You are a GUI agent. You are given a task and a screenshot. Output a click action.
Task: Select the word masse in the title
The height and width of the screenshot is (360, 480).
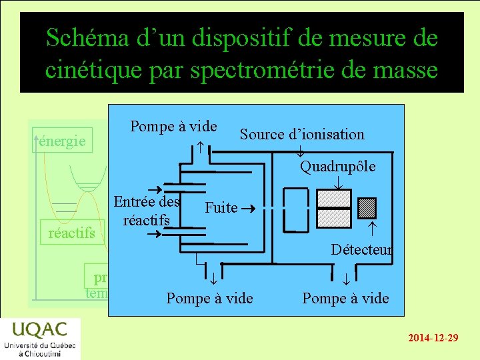click(x=403, y=69)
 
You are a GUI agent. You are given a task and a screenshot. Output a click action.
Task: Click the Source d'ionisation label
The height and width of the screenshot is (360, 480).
click(x=302, y=134)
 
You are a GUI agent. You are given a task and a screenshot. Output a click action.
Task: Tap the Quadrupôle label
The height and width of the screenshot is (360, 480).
click(x=337, y=166)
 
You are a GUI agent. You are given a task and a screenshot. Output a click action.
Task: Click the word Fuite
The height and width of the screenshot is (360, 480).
click(x=221, y=207)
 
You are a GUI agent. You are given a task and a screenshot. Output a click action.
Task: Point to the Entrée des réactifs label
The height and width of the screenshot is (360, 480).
click(x=147, y=210)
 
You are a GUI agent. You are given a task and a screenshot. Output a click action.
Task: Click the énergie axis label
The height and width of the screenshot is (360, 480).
click(x=62, y=141)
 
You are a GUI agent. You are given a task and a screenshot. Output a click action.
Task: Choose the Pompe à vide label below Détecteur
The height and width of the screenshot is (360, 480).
click(x=345, y=298)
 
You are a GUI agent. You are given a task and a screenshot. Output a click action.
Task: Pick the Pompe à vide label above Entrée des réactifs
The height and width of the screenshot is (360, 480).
click(x=173, y=126)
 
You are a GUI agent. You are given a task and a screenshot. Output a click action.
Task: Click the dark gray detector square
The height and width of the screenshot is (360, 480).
click(x=367, y=208)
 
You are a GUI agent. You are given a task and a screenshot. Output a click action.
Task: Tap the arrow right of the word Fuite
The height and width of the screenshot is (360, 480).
click(x=245, y=207)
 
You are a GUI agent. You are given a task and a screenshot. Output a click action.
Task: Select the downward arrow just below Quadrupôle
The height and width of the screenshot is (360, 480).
click(x=338, y=181)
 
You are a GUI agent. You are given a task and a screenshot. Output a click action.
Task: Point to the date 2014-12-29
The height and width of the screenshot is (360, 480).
click(x=433, y=338)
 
